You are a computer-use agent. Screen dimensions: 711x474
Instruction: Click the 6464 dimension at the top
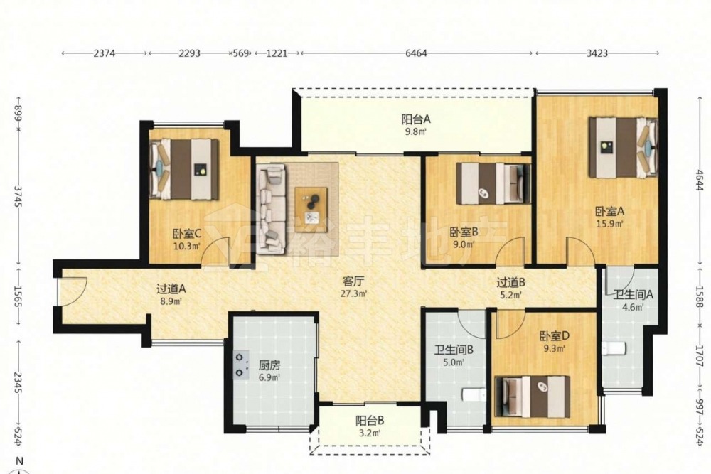click(416, 53)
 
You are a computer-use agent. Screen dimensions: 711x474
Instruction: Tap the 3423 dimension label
click(597, 53)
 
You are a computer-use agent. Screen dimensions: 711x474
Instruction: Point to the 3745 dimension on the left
click(18, 196)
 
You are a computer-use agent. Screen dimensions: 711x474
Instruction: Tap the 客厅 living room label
click(354, 282)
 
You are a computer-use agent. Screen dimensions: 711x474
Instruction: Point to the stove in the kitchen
click(241, 365)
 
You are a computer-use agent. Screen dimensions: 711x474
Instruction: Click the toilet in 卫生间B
click(474, 394)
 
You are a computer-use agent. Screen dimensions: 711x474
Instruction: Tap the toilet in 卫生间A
click(614, 348)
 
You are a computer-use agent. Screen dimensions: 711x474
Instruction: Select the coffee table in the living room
click(311, 204)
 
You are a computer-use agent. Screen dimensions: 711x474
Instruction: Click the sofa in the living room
click(271, 209)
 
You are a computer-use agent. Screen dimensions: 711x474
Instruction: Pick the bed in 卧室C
click(183, 169)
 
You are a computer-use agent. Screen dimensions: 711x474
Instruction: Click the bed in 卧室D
click(533, 397)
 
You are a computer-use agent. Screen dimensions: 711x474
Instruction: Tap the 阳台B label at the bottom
click(370, 421)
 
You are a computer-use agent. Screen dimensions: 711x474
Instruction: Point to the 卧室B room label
click(464, 232)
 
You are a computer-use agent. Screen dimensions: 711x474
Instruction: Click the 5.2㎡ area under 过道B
click(510, 295)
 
